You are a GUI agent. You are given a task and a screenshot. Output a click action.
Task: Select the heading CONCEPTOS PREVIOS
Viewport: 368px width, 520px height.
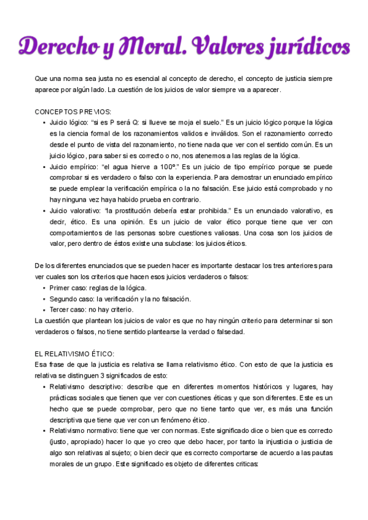[x=73, y=112]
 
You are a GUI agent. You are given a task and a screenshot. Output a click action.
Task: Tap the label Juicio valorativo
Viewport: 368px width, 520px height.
[x=76, y=210]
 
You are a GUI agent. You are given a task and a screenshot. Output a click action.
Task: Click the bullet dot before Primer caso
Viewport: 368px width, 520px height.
[x=44, y=288]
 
